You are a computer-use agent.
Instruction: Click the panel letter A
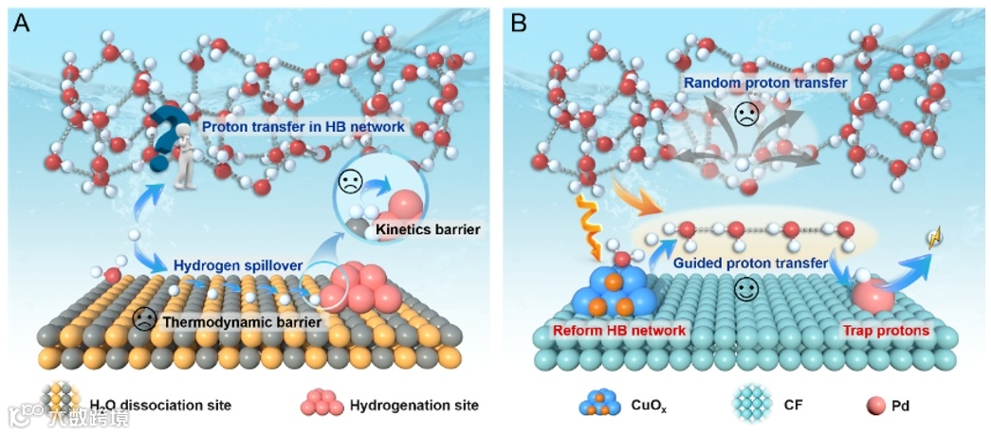[x=22, y=24]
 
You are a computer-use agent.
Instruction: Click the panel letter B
[x=519, y=24]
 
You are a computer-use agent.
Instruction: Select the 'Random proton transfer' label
[x=766, y=83]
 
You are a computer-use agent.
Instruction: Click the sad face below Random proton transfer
[x=748, y=117]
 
